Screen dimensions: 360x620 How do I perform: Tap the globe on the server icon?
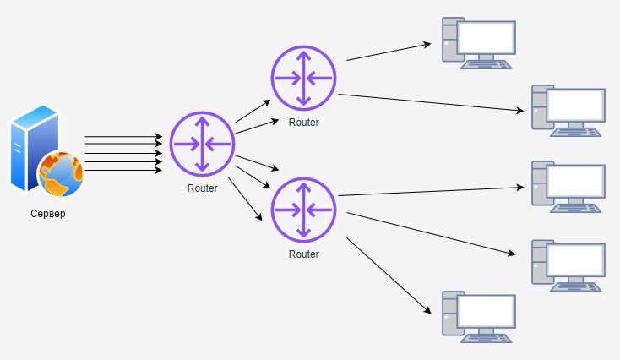62,173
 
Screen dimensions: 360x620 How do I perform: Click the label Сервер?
47,214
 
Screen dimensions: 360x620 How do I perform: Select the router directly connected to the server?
202,144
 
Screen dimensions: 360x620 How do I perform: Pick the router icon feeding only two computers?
304,79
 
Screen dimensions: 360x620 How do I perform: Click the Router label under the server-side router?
202,188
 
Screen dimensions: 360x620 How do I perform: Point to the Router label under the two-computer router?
304,123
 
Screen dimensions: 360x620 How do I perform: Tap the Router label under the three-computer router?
304,254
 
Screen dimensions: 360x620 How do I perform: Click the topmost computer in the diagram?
479,42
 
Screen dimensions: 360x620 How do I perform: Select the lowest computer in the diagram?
479,316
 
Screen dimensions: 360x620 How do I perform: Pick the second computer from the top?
568,109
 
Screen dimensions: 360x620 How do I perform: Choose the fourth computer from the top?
568,265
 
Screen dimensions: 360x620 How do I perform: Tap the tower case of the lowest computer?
450,316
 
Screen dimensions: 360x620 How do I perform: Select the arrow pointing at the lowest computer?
388,275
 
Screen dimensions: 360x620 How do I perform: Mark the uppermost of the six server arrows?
123,135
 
